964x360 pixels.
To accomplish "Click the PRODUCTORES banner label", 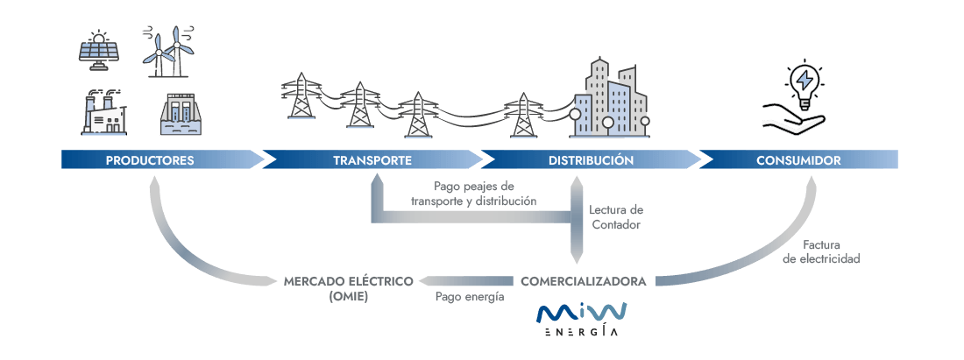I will [x=150, y=160].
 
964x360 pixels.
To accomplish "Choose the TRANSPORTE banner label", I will [x=372, y=160].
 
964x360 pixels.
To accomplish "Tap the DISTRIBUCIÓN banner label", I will [x=591, y=160].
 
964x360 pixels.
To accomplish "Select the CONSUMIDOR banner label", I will [x=798, y=160].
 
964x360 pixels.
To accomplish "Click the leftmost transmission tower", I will [x=301, y=97].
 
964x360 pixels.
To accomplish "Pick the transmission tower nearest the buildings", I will [x=523, y=113].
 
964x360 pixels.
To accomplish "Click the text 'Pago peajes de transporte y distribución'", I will [x=473, y=194].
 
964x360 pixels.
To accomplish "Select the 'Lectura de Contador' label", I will [x=616, y=217].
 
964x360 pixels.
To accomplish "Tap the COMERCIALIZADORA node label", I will [x=584, y=281].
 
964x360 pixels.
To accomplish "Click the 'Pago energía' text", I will [x=470, y=298].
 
